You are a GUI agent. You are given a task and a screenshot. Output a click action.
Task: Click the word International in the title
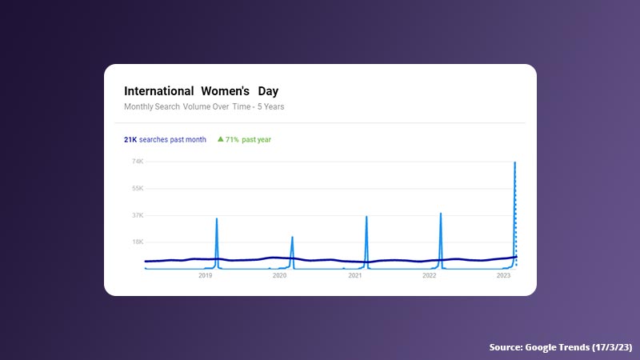point(158,91)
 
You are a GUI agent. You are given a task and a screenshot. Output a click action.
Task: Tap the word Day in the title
point(268,91)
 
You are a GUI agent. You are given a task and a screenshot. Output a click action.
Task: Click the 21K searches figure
point(130,139)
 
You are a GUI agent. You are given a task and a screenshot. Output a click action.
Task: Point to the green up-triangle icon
point(220,139)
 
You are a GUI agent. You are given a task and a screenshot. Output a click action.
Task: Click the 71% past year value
point(248,139)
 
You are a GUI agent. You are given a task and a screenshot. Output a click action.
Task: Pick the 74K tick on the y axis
point(138,162)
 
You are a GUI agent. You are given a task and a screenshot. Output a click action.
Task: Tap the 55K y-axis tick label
point(138,188)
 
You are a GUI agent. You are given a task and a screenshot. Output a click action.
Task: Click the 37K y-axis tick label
point(138,215)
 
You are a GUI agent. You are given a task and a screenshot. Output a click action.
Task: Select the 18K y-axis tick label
point(138,242)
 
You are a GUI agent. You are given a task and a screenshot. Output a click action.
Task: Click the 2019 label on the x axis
point(205,275)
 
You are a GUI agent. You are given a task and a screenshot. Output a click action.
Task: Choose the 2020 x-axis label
point(279,275)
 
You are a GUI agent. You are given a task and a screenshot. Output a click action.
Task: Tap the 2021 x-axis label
point(354,275)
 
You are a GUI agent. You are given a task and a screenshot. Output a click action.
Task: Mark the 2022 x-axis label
point(429,275)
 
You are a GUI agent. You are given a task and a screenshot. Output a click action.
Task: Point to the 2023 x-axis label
point(504,275)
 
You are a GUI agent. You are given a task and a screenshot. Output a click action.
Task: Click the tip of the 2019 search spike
point(217,218)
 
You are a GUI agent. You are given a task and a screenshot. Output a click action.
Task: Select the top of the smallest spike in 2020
point(292,237)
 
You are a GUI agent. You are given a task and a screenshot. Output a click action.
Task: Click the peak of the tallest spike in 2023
point(514,162)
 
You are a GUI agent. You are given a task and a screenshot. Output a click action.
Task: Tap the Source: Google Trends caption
point(559,347)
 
